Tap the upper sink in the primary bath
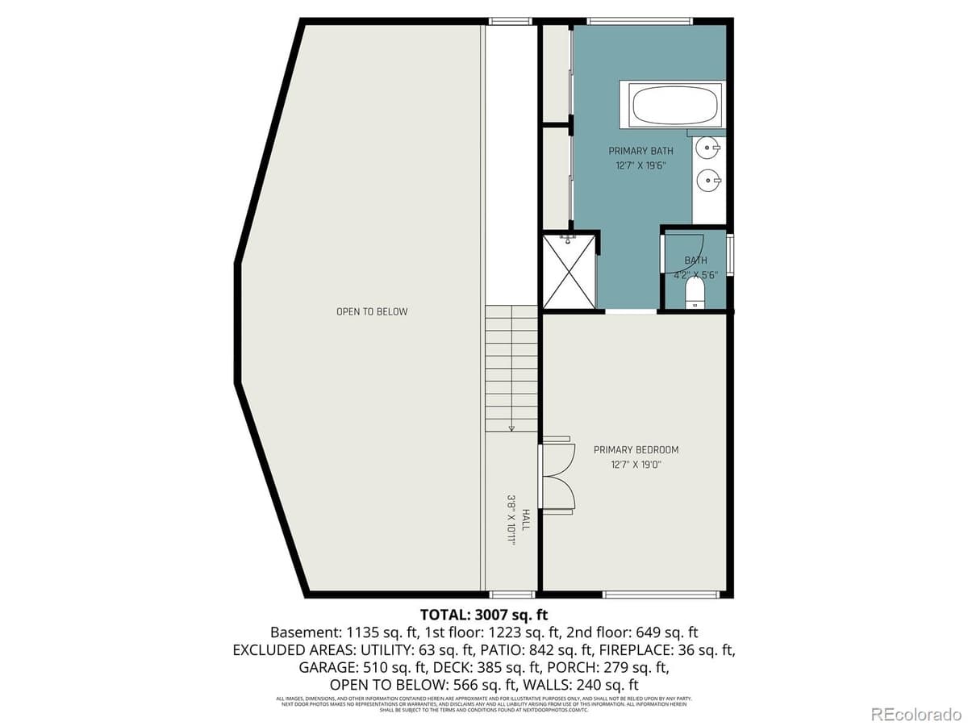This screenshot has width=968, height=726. click(x=708, y=148)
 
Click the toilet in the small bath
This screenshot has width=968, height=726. click(x=695, y=291)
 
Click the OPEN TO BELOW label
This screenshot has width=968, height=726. click(x=372, y=311)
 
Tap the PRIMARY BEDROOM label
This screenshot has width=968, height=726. click(x=636, y=450)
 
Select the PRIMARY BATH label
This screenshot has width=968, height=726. click(x=640, y=151)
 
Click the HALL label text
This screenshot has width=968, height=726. click(x=525, y=519)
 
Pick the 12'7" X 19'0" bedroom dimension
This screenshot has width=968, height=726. click(x=636, y=464)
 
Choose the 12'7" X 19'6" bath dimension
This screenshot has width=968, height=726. click(x=640, y=165)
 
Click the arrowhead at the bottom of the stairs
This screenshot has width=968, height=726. click(x=511, y=428)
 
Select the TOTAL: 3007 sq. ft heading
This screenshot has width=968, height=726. click(x=484, y=615)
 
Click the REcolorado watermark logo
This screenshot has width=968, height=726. click(x=914, y=712)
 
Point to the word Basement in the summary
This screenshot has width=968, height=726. click(x=299, y=632)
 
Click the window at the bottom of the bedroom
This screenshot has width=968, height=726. click(x=661, y=595)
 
